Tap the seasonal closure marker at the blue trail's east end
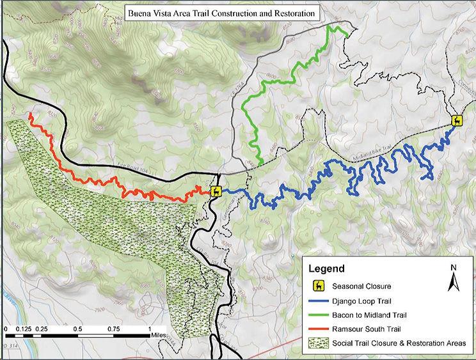coord(457,120)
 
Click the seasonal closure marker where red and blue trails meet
coord(216,191)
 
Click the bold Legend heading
coord(328,269)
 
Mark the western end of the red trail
coord(30,114)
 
